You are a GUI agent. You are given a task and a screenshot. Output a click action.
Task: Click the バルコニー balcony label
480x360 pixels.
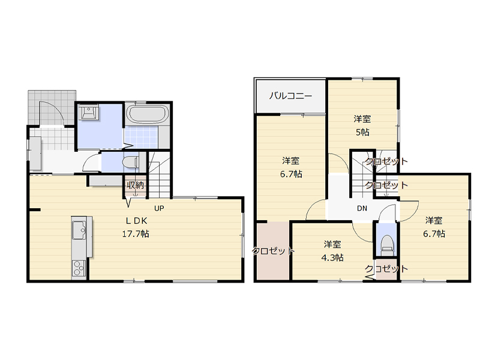tap(290, 96)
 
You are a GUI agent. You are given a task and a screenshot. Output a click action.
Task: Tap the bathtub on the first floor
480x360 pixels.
tap(148, 114)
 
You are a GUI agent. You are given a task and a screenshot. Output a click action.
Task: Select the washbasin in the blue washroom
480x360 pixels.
tap(88, 112)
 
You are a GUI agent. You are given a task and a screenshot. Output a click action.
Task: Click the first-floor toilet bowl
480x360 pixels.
tap(130, 162)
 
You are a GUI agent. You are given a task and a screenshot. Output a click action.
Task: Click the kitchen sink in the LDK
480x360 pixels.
tap(79, 230)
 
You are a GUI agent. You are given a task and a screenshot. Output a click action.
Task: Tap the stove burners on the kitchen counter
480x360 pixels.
tap(79, 268)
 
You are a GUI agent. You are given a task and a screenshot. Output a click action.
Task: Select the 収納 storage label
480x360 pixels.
tap(135, 185)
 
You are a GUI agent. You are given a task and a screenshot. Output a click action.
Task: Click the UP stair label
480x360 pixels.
tap(159, 208)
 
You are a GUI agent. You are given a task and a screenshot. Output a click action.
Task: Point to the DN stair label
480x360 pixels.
tap(362, 208)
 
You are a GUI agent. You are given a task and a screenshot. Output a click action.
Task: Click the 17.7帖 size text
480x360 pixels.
tap(136, 234)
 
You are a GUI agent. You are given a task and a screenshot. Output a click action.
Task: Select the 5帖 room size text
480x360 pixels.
tap(362, 132)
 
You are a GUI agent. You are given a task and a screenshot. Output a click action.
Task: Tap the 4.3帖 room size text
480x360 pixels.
tap(332, 258)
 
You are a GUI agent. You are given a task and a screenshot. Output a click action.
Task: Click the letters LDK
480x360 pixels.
tap(137, 220)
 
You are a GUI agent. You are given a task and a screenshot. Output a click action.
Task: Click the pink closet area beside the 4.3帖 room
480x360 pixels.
tap(273, 251)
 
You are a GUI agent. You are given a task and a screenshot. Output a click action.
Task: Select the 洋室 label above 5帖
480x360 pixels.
tap(362, 119)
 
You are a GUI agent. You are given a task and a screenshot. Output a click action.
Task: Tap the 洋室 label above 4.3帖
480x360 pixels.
tap(332, 244)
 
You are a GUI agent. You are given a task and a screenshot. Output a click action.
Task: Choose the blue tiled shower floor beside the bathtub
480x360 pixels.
tap(141, 137)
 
